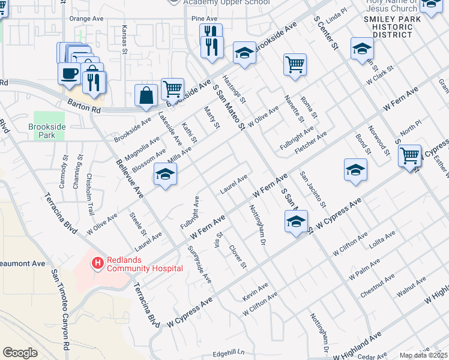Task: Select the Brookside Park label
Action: pyautogui.click(x=42, y=131)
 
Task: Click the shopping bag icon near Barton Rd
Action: pyautogui.click(x=146, y=95)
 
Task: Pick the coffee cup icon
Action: pyautogui.click(x=69, y=73)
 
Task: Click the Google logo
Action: pyautogui.click(x=20, y=353)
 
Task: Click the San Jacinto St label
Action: pyautogui.click(x=312, y=191)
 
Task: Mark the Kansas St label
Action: pyautogui.click(x=125, y=40)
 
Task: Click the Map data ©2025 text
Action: pyautogui.click(x=424, y=355)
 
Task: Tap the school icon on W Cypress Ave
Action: pyautogui.click(x=296, y=221)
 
